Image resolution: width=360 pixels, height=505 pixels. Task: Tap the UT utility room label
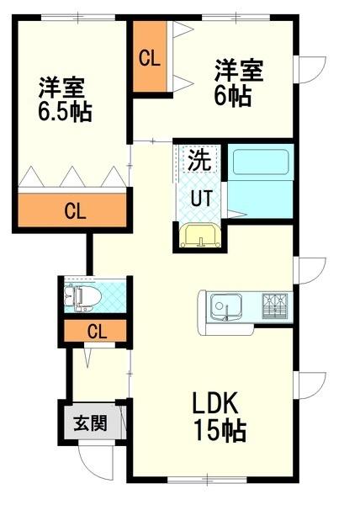(x=200, y=198)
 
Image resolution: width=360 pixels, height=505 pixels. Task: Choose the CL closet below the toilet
(x=97, y=331)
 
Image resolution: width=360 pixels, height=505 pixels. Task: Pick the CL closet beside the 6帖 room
(x=150, y=59)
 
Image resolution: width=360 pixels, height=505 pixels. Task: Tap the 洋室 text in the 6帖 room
(x=238, y=67)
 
